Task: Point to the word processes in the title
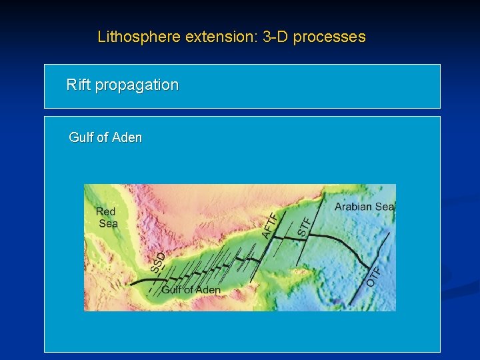[x=329, y=37]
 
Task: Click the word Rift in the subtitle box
[x=79, y=85]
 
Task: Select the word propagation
[x=137, y=85]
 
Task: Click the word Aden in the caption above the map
[x=127, y=138]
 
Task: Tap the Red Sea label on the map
[x=107, y=218]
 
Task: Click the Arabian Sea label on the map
[x=364, y=207]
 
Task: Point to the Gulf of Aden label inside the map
[x=191, y=290]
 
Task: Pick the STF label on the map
[x=304, y=226]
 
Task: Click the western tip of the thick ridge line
[x=131, y=285]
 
